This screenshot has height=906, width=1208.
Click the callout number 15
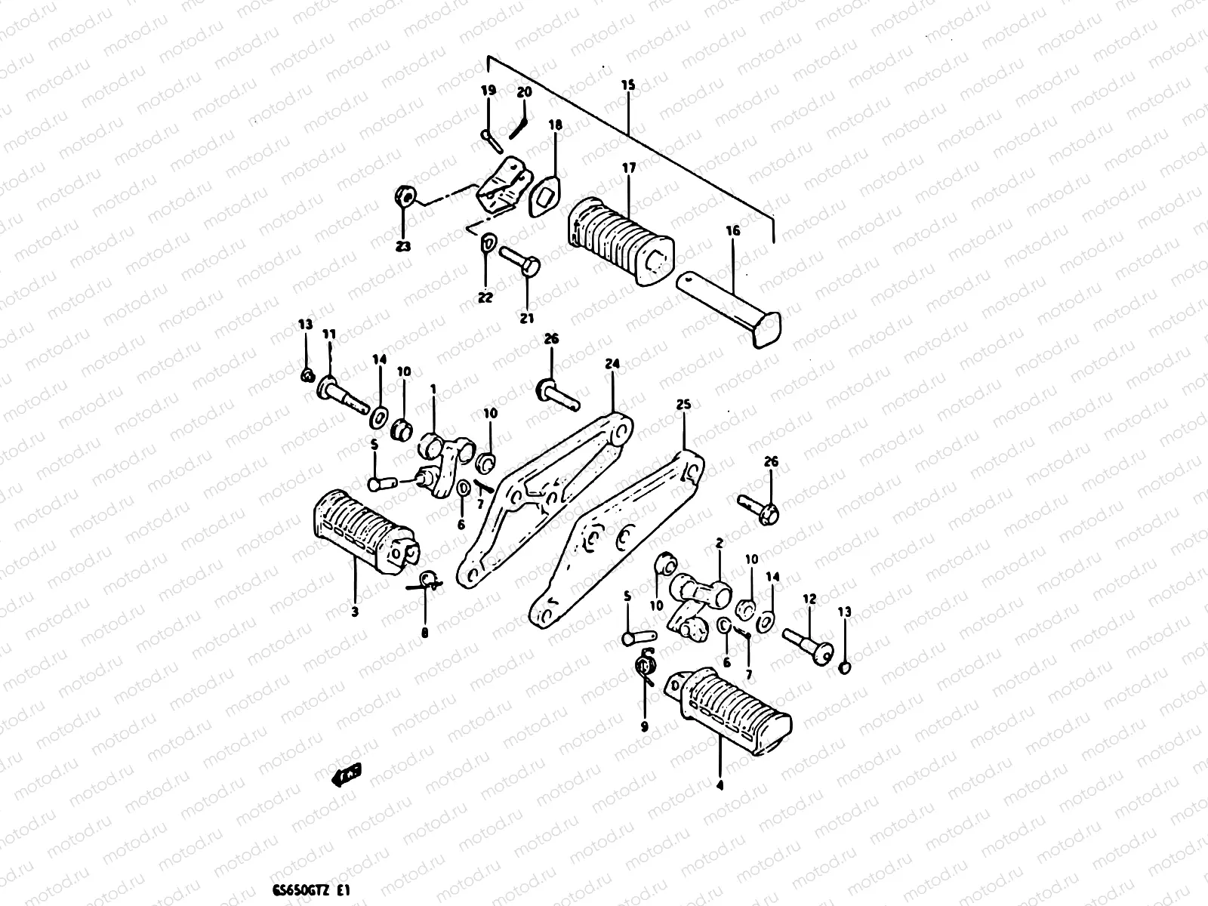[x=627, y=85]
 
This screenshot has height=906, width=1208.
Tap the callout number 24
[x=612, y=364]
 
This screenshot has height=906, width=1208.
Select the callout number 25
[x=683, y=405]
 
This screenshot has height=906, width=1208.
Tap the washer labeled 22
[x=487, y=242]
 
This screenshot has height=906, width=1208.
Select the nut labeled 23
[x=403, y=198]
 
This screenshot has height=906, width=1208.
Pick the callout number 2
[x=719, y=543]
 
